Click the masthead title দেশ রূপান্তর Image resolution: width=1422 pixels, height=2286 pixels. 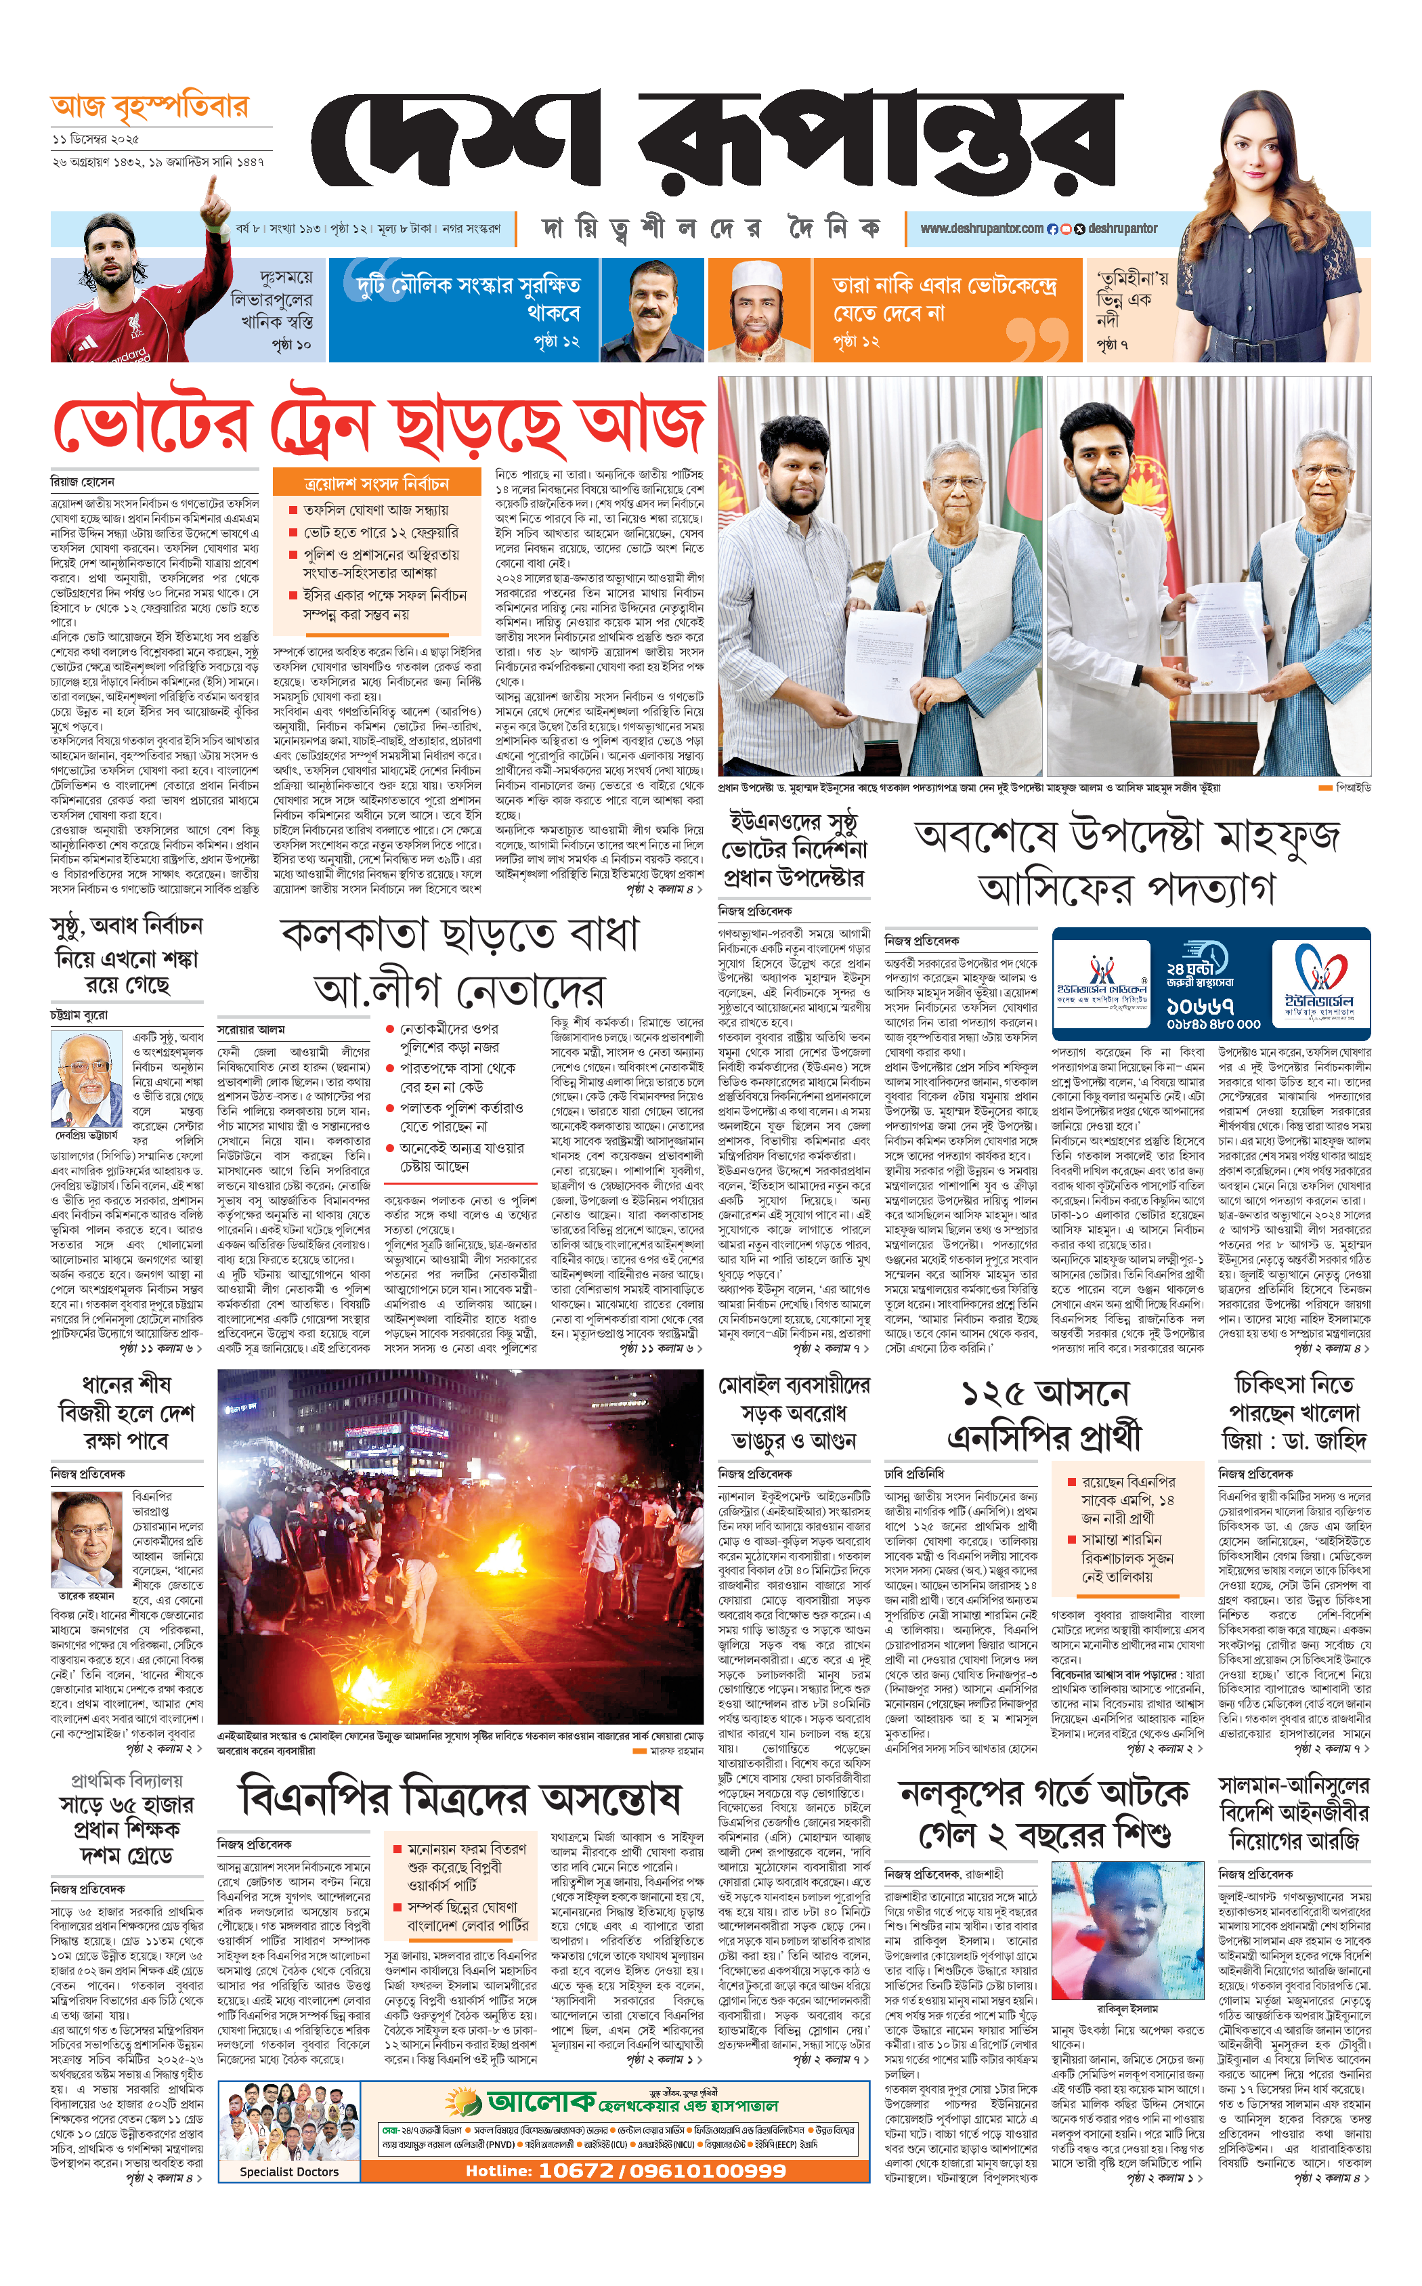[x=715, y=141]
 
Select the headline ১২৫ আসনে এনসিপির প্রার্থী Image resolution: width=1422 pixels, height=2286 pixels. [x=1044, y=1415]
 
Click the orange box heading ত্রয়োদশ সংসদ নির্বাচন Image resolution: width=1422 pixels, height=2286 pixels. [x=376, y=484]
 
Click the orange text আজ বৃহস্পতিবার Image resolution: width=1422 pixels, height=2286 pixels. [x=150, y=107]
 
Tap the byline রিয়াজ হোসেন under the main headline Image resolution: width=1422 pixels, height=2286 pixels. [x=83, y=482]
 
